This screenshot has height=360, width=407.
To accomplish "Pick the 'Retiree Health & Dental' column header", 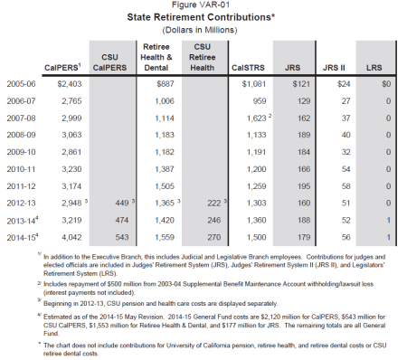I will [x=158, y=55].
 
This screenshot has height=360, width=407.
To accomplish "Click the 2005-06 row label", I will [x=23, y=82].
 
